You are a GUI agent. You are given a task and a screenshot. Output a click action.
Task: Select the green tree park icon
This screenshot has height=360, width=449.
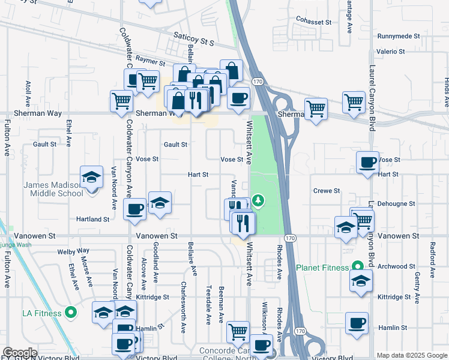pyautogui.click(x=258, y=200)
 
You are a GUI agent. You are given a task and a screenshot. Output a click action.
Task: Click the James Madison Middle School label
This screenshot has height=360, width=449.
pyautogui.click(x=53, y=189)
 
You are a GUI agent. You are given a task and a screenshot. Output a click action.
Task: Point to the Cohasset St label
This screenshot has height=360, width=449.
pyautogui.click(x=313, y=22)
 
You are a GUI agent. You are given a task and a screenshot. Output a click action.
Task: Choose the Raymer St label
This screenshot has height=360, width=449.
pyautogui.click(x=150, y=61)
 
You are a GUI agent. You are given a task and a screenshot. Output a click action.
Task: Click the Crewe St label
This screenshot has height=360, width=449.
pyautogui.click(x=327, y=191)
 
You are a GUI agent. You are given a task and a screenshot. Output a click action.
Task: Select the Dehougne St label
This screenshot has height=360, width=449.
pyautogui.click(x=394, y=204)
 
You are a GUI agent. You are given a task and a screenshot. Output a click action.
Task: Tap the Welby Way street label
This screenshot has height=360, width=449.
pyautogui.click(x=73, y=251)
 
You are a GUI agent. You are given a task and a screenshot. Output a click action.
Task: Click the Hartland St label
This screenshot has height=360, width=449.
pyautogui.click(x=92, y=220)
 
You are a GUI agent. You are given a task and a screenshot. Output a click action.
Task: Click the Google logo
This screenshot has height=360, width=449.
pyautogui.click(x=20, y=353)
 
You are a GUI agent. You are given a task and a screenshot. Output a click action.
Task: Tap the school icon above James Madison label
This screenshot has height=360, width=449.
pyautogui.click(x=91, y=178)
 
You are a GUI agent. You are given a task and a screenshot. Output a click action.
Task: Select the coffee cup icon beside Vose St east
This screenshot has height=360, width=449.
pyautogui.click(x=367, y=162)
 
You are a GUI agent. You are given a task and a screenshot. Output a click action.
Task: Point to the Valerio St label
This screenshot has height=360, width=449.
pyautogui.click(x=391, y=52)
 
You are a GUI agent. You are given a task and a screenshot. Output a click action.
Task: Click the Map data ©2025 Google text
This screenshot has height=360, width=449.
pyautogui.click(x=411, y=355)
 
